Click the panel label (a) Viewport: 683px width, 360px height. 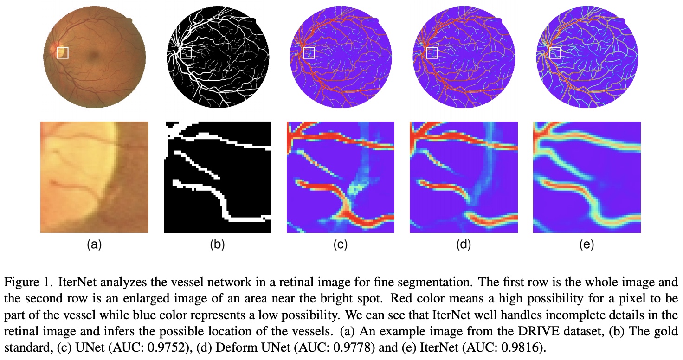(x=94, y=244)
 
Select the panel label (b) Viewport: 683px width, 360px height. (x=218, y=244)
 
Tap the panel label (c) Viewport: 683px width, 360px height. (x=341, y=244)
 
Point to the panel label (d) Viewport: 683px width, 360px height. (x=464, y=244)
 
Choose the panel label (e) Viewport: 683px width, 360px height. (x=587, y=244)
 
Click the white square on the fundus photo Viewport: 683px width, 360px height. (x=63, y=53)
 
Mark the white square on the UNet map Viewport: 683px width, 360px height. (x=309, y=53)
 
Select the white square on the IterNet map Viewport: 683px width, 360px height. (x=554, y=53)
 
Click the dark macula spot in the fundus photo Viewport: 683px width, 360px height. (x=94, y=56)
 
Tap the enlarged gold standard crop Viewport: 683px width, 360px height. (x=218, y=177)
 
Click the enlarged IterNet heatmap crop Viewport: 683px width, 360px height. (x=587, y=177)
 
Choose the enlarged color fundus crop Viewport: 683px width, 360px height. (x=94, y=177)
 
